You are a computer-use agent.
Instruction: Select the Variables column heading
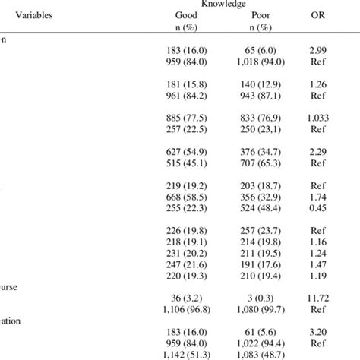(34, 14)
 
